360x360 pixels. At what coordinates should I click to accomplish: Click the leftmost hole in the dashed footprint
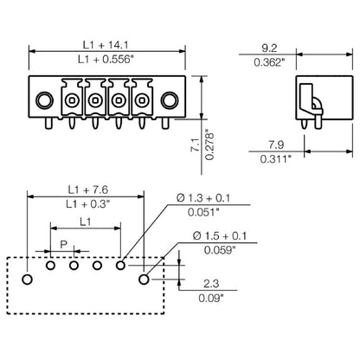tap(28, 279)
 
